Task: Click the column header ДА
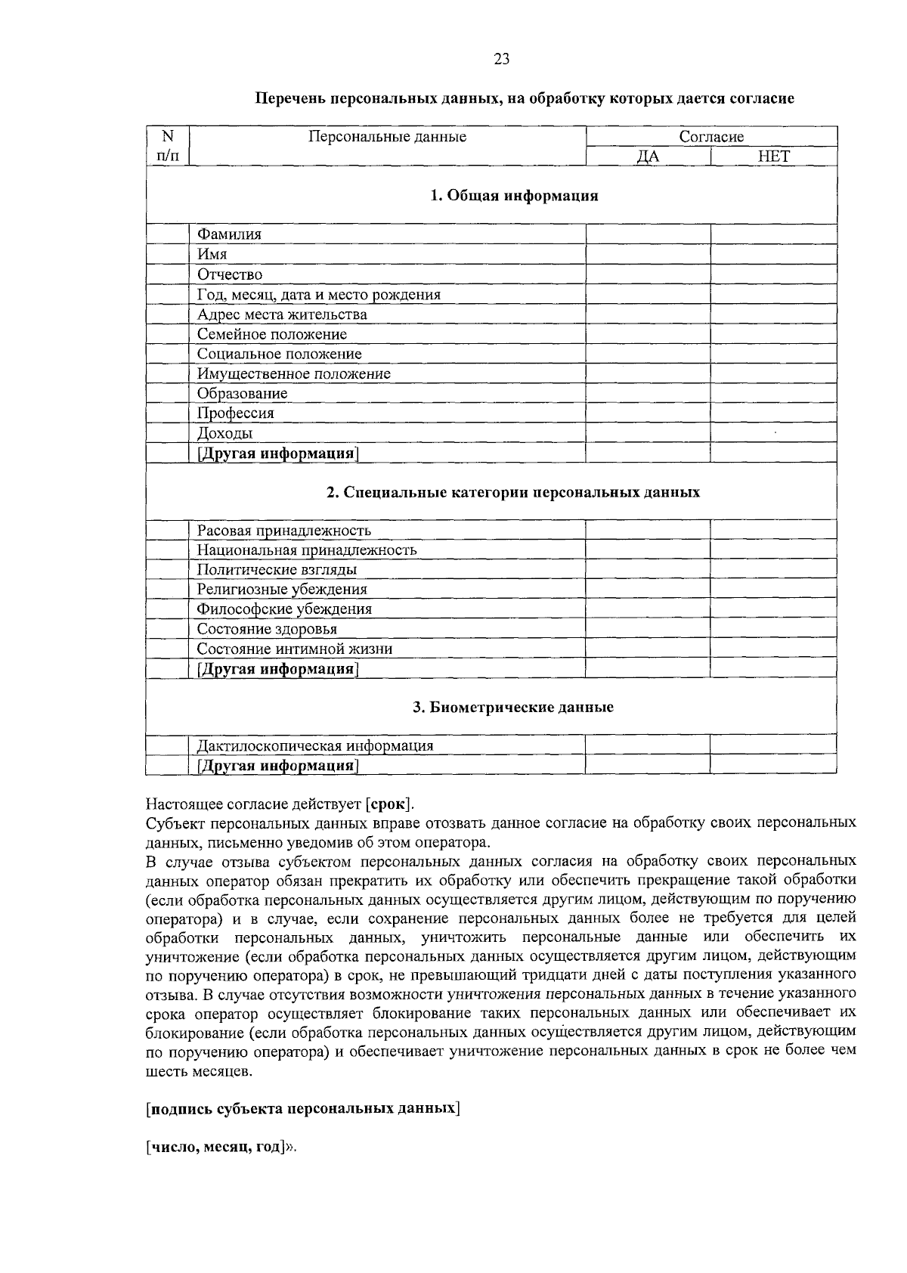[648, 156]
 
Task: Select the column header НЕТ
[773, 156]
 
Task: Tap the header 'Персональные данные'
[387, 137]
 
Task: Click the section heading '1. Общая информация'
[514, 197]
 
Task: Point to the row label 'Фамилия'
[229, 234]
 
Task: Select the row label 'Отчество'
[230, 274]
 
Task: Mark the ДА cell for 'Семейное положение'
[648, 334]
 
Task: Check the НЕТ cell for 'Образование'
[773, 393]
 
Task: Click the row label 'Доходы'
[224, 433]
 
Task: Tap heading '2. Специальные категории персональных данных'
[513, 492]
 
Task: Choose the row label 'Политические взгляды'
[277, 570]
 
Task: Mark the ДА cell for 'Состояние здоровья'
[648, 629]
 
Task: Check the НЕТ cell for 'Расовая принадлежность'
[773, 531]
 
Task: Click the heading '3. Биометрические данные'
[513, 708]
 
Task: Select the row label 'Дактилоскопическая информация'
[315, 746]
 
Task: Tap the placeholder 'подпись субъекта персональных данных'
[302, 1109]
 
